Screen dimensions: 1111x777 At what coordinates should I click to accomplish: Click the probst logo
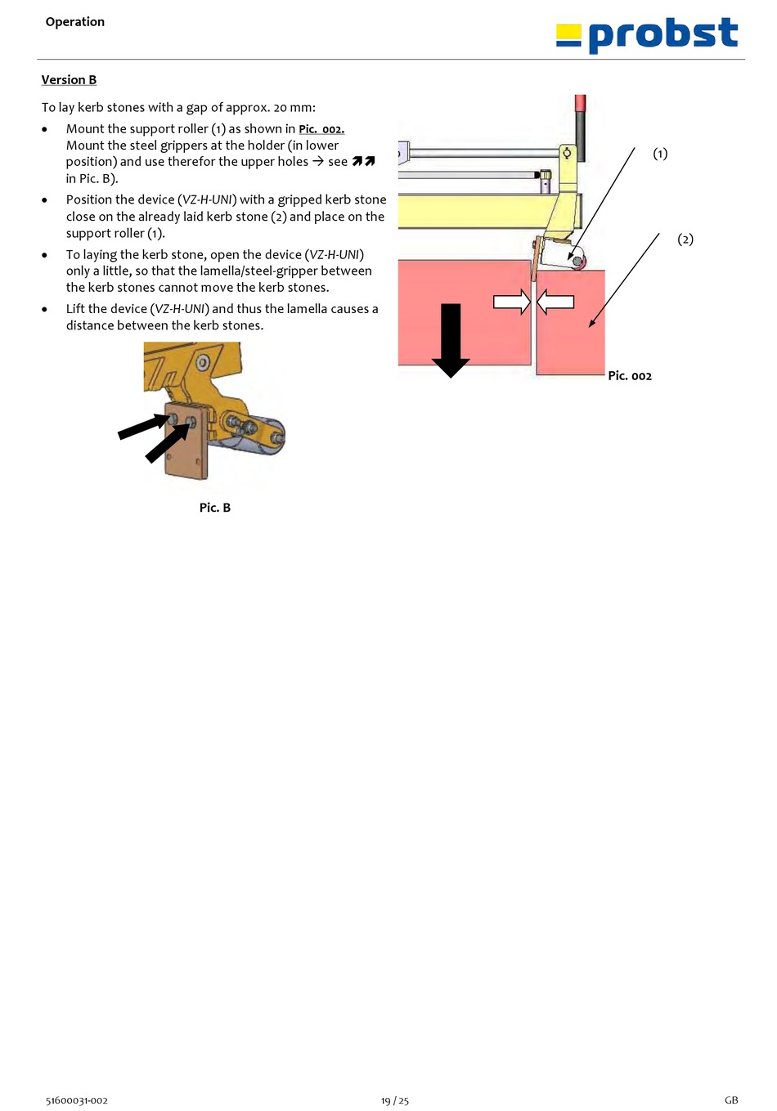coord(647,35)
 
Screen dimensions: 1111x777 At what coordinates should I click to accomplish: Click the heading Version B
coord(69,80)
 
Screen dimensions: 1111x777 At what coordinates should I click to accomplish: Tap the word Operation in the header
coord(75,22)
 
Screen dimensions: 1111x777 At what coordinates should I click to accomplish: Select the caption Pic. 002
coord(630,376)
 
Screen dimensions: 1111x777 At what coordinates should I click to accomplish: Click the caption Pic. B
coord(215,508)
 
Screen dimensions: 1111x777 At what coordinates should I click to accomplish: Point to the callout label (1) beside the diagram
coord(660,154)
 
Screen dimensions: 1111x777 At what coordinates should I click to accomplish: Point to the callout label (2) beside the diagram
coord(685,240)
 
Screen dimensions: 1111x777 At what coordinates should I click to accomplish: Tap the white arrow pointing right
coord(512,302)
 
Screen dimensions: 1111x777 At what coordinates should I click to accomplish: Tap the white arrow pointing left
coord(555,302)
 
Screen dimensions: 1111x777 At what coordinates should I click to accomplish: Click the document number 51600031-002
coord(77,1100)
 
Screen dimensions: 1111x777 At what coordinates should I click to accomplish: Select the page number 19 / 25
coord(395,1100)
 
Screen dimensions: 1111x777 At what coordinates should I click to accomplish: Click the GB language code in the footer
coord(731,1100)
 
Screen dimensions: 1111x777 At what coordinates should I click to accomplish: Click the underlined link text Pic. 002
coord(321,129)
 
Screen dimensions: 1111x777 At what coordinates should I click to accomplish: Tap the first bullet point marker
coord(45,129)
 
